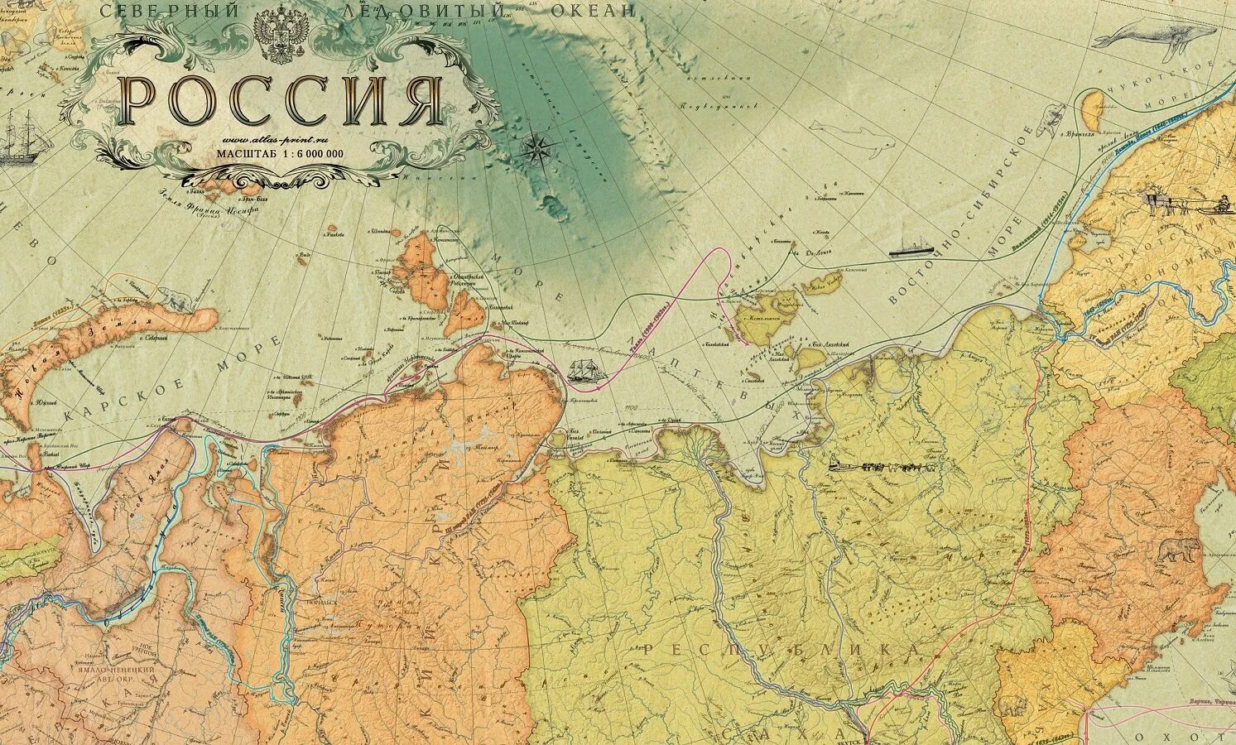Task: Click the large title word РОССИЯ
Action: [x=280, y=100]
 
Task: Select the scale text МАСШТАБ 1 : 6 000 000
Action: [x=280, y=153]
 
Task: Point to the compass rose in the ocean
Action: [x=539, y=150]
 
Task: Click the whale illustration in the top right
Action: [x=1142, y=36]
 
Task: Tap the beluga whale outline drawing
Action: [x=853, y=136]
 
